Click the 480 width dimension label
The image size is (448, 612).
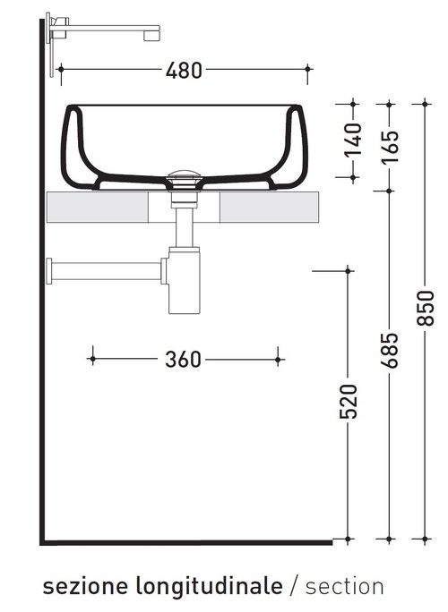(x=184, y=71)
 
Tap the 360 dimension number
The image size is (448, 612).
(x=183, y=360)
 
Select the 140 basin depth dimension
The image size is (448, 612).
(x=353, y=140)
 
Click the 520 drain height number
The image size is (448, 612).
(x=349, y=402)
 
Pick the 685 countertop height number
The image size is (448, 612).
(x=390, y=350)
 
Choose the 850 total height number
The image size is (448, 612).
(x=426, y=308)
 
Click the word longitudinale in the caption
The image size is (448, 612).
(x=209, y=586)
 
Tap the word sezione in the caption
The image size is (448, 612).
(x=86, y=587)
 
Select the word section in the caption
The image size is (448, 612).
(x=345, y=587)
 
